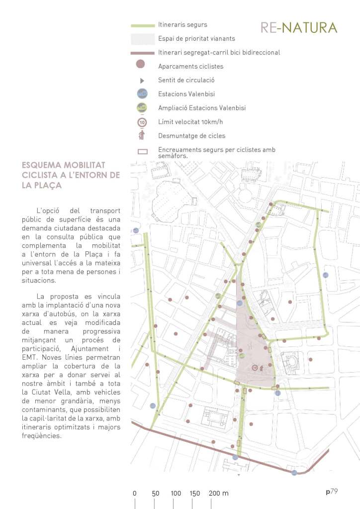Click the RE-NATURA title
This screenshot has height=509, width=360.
point(299,28)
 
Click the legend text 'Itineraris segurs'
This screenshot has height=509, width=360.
point(182,24)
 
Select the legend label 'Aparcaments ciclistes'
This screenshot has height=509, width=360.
point(190,66)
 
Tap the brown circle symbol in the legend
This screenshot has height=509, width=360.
point(140,64)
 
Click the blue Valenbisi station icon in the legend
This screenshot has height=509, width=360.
point(142,93)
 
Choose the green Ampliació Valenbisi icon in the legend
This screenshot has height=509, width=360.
point(142,107)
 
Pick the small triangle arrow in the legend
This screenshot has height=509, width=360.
point(142,80)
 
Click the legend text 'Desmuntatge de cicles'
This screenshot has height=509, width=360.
point(191,135)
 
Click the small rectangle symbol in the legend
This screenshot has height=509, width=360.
point(142,152)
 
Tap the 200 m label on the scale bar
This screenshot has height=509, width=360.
point(219,494)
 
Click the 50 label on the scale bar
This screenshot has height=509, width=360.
point(156,494)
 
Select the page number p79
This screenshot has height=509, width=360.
point(332,492)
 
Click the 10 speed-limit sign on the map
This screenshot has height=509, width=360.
point(255,368)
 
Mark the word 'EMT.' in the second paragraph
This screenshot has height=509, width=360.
point(31,357)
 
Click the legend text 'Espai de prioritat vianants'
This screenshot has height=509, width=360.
point(196,38)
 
